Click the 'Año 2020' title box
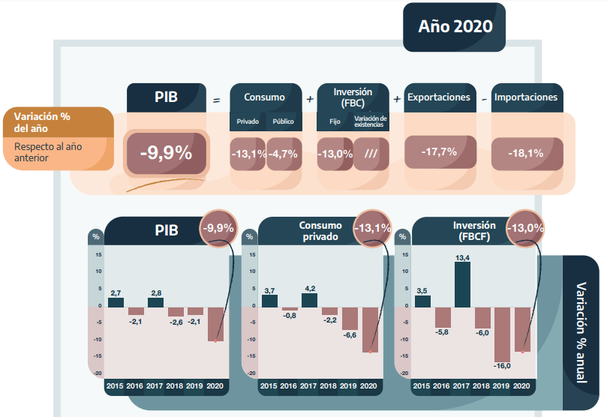pyautogui.click(x=455, y=27)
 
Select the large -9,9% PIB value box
pyautogui.click(x=165, y=154)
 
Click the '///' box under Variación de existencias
pyautogui.click(x=370, y=154)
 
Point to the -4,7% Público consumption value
pyautogui.click(x=283, y=154)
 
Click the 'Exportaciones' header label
pyautogui.click(x=438, y=97)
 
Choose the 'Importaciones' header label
pyautogui.click(x=525, y=97)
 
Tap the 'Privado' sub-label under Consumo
pyautogui.click(x=248, y=121)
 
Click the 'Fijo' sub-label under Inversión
pyautogui.click(x=335, y=121)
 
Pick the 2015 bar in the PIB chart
pyautogui.click(x=116, y=302)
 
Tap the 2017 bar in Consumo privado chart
pyautogui.click(x=309, y=300)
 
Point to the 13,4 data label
pyautogui.click(x=462, y=257)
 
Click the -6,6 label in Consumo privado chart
pyautogui.click(x=350, y=335)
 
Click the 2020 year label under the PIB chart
pyautogui.click(x=215, y=385)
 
